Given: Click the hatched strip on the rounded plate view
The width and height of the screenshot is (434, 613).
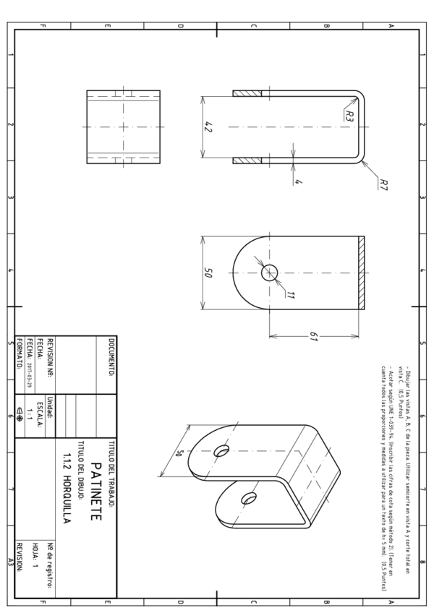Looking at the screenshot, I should (x=361, y=273).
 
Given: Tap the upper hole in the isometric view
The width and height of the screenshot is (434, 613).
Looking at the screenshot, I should (x=219, y=450).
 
